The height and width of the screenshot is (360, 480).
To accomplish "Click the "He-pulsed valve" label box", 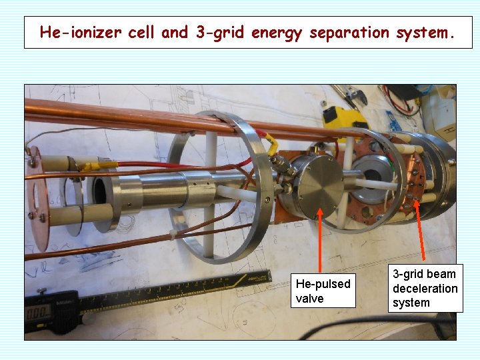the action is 323,291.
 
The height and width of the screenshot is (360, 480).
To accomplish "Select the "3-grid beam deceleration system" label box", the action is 425,288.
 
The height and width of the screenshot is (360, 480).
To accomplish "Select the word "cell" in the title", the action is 145,32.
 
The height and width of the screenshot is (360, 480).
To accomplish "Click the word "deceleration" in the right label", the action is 425,288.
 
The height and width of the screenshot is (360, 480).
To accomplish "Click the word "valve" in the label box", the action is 309,299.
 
